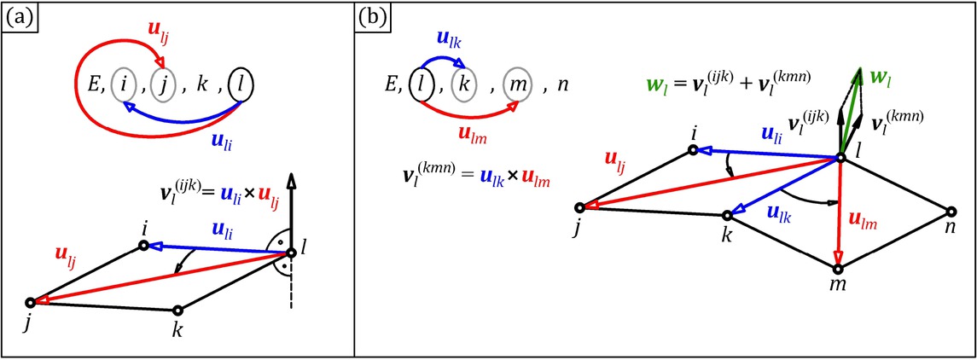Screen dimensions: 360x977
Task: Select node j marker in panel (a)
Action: pos(31,301)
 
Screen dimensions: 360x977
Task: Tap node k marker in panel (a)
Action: pos(177,311)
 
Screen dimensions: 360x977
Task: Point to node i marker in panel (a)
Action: pos(144,246)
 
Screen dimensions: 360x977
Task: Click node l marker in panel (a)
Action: pos(291,253)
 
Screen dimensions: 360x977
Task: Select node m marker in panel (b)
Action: pos(838,269)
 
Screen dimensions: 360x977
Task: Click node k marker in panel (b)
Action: pos(727,215)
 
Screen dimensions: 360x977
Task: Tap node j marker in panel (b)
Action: pos(580,206)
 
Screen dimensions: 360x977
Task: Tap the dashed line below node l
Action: pos(291,289)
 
